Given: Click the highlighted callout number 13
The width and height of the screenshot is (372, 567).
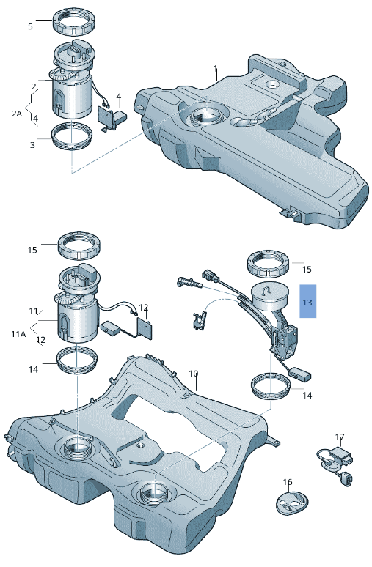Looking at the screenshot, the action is (x=307, y=302).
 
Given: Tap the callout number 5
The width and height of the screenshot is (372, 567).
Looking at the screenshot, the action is (x=30, y=26).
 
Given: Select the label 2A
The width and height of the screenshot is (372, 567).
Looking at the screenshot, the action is (x=17, y=114).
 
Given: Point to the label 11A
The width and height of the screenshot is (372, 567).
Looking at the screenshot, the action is (x=18, y=334).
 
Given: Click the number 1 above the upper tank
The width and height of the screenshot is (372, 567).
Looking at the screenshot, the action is (x=216, y=68).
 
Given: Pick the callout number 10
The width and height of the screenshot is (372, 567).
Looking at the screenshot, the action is (x=194, y=373).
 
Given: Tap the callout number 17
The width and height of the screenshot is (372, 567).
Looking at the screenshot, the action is (x=340, y=437).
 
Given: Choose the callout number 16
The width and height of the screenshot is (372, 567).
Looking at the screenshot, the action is (x=288, y=482).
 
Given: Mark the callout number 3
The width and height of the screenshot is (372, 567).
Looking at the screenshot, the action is (x=32, y=145).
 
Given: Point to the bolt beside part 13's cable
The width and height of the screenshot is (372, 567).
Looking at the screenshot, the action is (x=189, y=283).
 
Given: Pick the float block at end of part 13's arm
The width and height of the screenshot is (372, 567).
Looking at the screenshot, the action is (x=302, y=373).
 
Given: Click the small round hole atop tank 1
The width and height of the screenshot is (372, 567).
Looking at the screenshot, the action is (x=272, y=85).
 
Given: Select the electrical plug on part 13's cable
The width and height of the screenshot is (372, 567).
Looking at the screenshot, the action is (x=211, y=275).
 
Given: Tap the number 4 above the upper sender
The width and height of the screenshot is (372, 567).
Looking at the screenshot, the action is (x=119, y=97).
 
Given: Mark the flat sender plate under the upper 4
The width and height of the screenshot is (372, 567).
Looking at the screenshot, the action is (x=107, y=116).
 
